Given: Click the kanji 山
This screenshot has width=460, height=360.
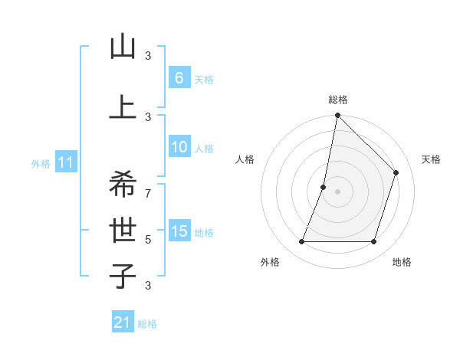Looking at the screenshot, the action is pyautogui.click(x=123, y=47).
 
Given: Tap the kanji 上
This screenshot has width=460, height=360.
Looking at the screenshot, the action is pyautogui.click(x=123, y=108).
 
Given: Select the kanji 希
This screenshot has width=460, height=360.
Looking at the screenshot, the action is pyautogui.click(x=123, y=184).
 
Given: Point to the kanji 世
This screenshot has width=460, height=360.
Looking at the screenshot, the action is pyautogui.click(x=123, y=229).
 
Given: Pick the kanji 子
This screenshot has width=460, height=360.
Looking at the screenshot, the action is pyautogui.click(x=123, y=276).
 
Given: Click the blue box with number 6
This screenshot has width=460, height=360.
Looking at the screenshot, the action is pyautogui.click(x=179, y=78).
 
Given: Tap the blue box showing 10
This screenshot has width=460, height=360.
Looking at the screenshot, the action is pyautogui.click(x=179, y=148).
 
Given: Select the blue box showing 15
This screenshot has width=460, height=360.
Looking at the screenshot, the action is pyautogui.click(x=179, y=231).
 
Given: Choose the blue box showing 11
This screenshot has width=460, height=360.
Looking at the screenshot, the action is pyautogui.click(x=67, y=162).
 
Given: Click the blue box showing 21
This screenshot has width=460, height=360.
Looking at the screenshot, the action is pyautogui.click(x=122, y=322).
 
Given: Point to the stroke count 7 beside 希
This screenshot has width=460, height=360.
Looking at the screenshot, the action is pyautogui.click(x=148, y=186).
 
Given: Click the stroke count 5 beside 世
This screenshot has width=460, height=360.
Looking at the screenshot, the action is pyautogui.click(x=148, y=239).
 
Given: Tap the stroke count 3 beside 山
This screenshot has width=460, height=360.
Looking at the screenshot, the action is pyautogui.click(x=148, y=55).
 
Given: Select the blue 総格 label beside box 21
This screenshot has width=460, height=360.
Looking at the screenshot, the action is pyautogui.click(x=147, y=324).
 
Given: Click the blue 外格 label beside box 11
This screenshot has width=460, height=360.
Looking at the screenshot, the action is pyautogui.click(x=41, y=163).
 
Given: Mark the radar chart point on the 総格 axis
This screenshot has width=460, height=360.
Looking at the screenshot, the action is pyautogui.click(x=337, y=115).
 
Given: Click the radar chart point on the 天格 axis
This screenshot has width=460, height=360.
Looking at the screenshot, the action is pyautogui.click(x=396, y=172).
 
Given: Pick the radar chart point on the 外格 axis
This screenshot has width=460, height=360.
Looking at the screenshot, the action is pyautogui.click(x=301, y=242).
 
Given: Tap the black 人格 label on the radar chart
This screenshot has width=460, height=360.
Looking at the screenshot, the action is pyautogui.click(x=245, y=159).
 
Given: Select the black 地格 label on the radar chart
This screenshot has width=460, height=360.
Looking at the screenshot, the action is pyautogui.click(x=402, y=263).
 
